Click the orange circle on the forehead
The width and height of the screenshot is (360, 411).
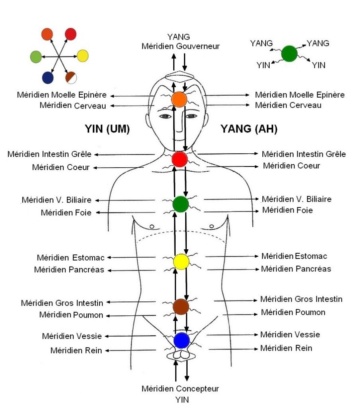click(x=179, y=99)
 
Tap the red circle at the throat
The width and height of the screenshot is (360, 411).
click(x=180, y=160)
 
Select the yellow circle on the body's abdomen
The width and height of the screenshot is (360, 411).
click(x=181, y=261)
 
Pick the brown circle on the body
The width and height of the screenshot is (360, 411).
click(x=181, y=307)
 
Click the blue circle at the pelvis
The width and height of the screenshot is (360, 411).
click(x=181, y=340)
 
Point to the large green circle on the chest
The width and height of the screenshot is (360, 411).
click(x=180, y=204)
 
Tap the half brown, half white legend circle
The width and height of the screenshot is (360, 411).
click(x=72, y=77)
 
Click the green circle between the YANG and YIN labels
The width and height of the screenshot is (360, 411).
click(x=289, y=54)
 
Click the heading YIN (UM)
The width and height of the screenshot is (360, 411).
click(x=107, y=129)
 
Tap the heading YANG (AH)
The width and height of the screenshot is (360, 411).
click(x=249, y=129)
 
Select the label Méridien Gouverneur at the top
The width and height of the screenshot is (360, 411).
click(x=180, y=46)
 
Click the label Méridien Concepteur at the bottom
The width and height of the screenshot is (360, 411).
click(x=180, y=389)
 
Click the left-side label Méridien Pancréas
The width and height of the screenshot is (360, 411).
click(x=69, y=270)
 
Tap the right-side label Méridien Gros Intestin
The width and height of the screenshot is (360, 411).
click(x=301, y=299)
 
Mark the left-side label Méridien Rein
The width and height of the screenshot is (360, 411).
click(x=76, y=351)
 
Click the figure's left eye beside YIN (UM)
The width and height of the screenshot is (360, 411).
click(x=165, y=116)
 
